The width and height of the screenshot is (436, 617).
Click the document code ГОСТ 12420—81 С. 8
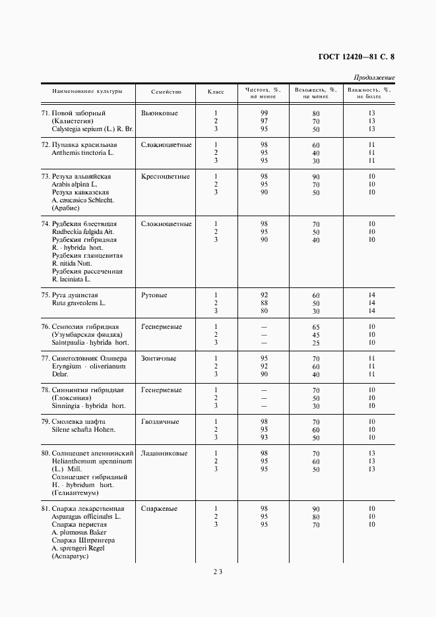(352, 57)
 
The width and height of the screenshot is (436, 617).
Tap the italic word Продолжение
(374, 78)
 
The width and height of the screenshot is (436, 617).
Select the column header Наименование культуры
(89, 92)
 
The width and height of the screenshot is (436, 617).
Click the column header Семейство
(166, 92)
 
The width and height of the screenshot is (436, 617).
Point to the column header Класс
(216, 92)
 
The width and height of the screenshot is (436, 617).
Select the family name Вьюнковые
(160, 113)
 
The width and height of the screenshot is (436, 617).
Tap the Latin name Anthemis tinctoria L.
(82, 152)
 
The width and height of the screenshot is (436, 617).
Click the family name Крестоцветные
(166, 177)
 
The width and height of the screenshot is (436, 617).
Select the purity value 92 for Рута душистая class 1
(264, 295)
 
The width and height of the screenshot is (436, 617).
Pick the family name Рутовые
(154, 295)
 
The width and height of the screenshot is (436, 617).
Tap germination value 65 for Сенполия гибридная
(316, 327)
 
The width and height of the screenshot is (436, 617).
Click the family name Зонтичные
(158, 359)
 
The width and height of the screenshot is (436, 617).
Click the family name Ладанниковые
(164, 454)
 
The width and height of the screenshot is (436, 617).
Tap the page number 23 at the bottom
(218, 572)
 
